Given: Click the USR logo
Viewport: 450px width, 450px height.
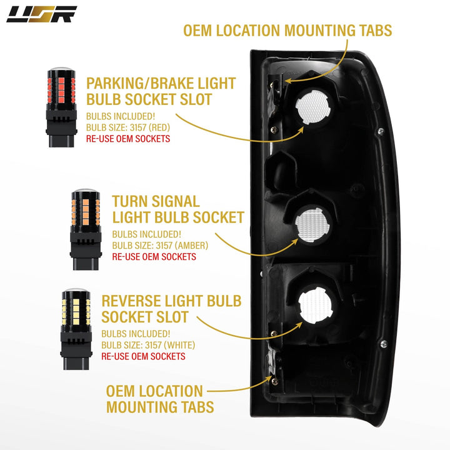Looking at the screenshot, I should coord(41,14).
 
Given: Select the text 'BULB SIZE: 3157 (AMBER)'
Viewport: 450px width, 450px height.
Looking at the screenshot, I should coord(160,246).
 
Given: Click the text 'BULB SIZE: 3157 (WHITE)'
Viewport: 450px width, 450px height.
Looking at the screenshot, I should coord(148,345).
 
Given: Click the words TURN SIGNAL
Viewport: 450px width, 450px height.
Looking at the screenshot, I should coord(156,201).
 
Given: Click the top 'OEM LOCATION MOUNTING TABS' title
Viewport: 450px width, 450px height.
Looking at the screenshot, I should coord(287,31).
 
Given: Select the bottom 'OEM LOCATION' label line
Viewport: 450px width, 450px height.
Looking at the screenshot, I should coord(154,392).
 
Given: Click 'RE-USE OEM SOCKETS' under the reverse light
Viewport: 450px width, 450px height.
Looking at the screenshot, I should coord(143,356).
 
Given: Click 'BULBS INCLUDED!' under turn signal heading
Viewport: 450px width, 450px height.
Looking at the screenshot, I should coord(141,234).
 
